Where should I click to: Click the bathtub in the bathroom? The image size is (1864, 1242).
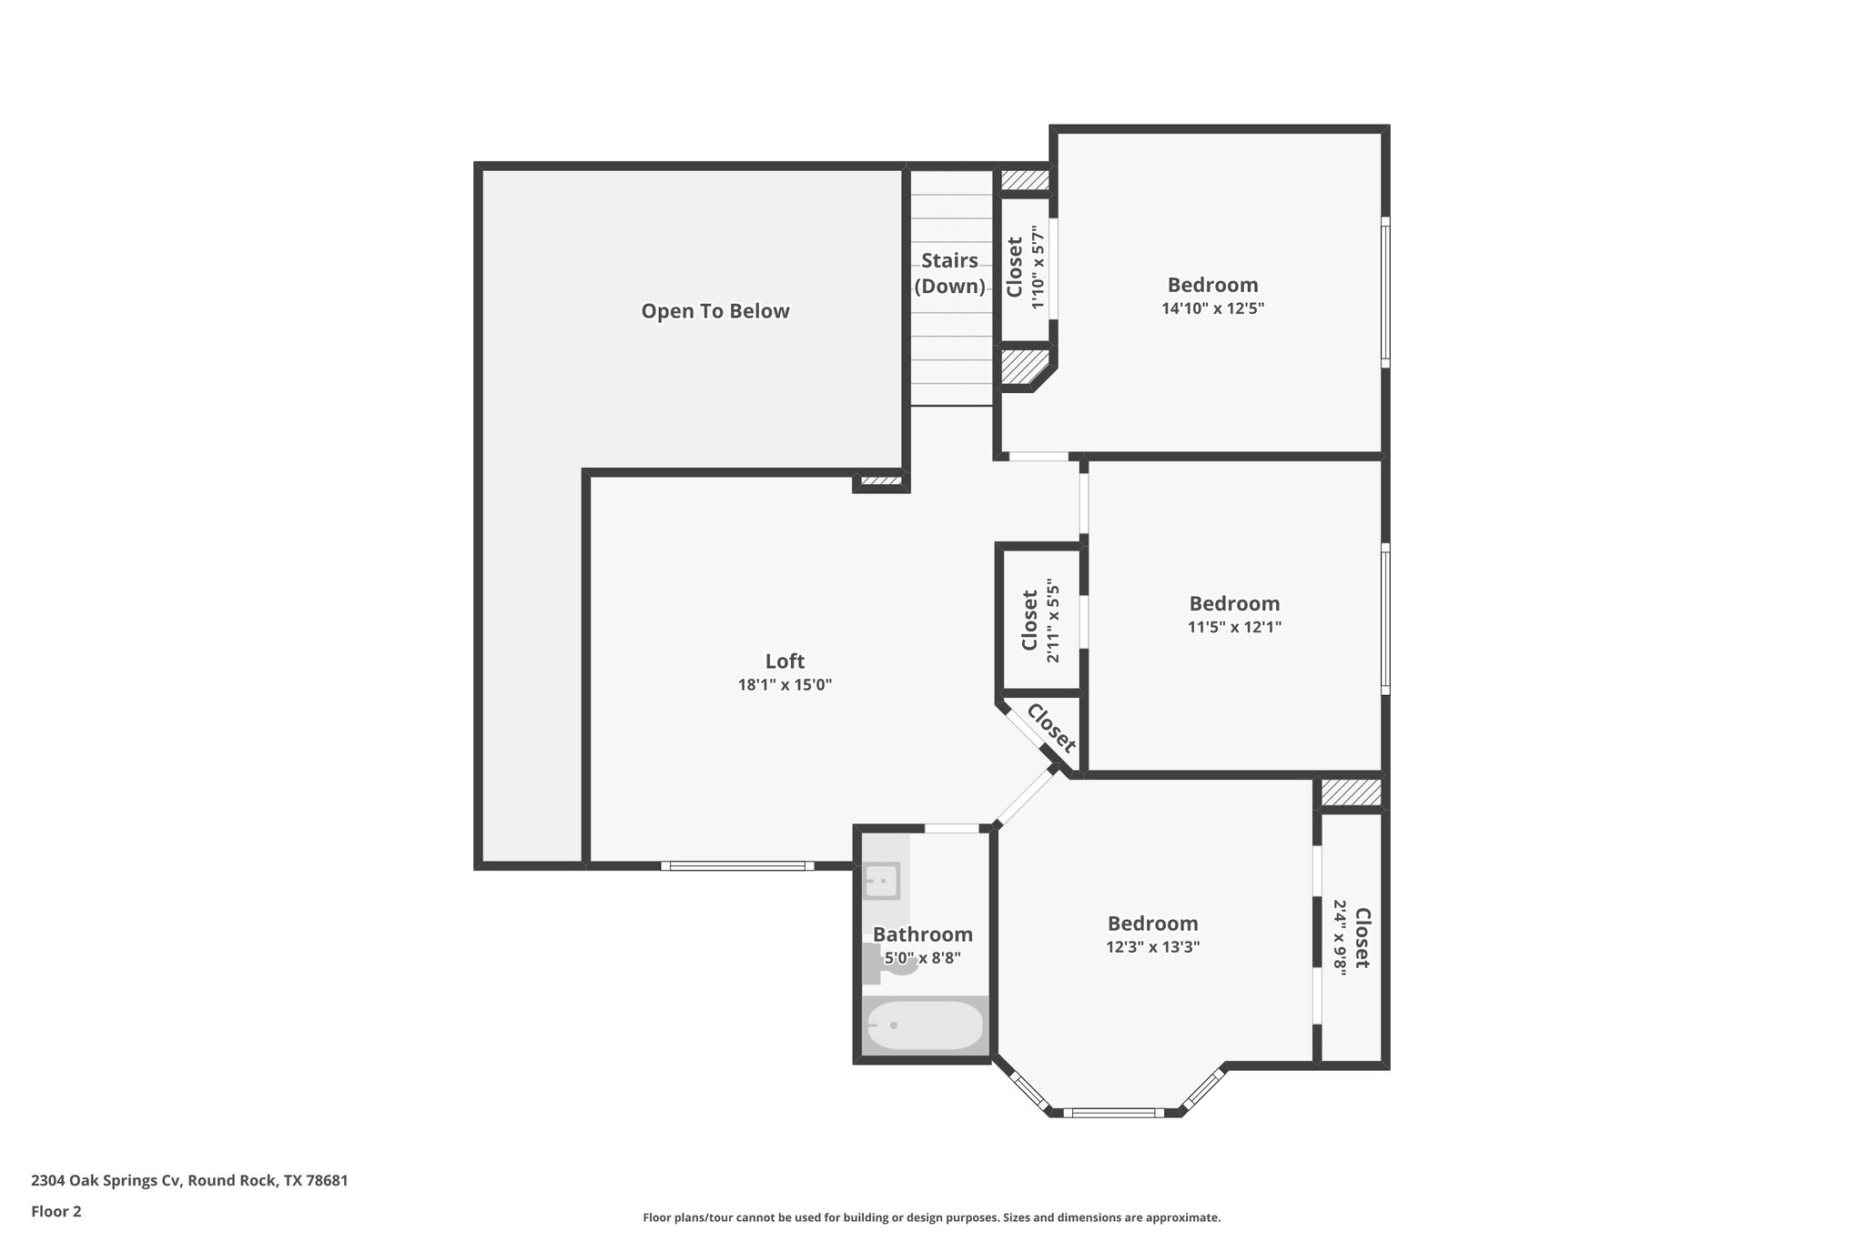click(925, 1025)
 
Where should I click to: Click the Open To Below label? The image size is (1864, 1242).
click(714, 311)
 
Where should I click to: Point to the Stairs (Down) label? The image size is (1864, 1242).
click(949, 273)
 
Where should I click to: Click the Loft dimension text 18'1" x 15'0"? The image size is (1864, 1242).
click(785, 685)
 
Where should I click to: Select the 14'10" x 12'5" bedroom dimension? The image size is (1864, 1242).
click(1212, 308)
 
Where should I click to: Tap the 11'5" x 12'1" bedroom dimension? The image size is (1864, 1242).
click(1234, 627)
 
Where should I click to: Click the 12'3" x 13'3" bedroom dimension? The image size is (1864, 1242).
click(1152, 947)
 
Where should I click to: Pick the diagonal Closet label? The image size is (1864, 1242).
click(1051, 729)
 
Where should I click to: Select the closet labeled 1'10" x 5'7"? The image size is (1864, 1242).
click(1025, 268)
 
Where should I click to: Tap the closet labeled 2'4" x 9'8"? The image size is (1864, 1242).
click(1352, 938)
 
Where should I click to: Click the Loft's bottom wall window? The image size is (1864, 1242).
click(737, 866)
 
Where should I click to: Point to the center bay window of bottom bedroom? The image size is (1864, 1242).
click(1113, 1112)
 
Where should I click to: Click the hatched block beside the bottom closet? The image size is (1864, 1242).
click(1351, 792)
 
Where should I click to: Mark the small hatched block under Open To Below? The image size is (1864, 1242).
click(880, 480)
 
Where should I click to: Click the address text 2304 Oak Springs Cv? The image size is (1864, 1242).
click(189, 1180)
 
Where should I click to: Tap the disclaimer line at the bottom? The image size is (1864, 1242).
click(931, 1217)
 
